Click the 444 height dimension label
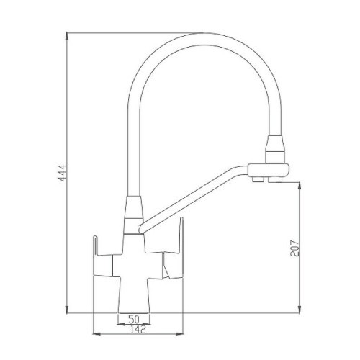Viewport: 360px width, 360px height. (63, 173)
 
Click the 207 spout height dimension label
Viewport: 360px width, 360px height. (295, 248)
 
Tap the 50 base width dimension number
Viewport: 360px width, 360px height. (134, 320)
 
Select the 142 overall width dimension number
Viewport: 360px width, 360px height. (138, 329)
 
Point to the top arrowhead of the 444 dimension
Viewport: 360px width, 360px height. (67, 37)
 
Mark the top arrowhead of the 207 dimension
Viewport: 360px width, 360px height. (300, 186)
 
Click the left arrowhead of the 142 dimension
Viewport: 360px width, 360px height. (96, 333)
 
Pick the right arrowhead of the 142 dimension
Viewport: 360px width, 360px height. (179, 333)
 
